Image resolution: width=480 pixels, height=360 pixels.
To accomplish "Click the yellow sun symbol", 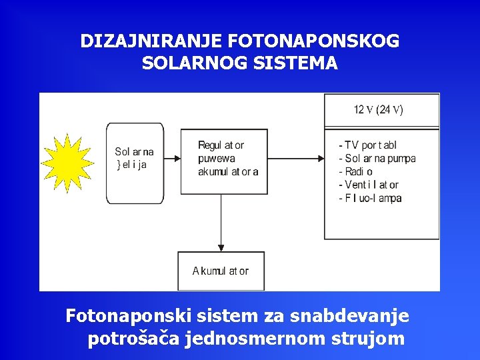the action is coord(68,163).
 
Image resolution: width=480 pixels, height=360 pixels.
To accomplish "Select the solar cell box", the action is coord(135,163).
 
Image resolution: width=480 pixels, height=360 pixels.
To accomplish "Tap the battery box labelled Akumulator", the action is coord(221,271).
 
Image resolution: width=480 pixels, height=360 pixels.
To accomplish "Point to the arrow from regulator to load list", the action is coord(296,159).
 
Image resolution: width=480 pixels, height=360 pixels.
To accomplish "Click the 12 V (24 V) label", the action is coord(378,110).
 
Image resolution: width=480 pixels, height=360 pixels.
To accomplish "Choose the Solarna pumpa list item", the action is coord(377,159).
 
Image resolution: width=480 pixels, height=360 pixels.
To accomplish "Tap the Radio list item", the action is coord(356,172).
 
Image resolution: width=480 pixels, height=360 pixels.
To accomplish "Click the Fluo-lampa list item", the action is coord(370,198).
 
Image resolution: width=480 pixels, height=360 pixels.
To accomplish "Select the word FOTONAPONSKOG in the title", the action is coord(313,41).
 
